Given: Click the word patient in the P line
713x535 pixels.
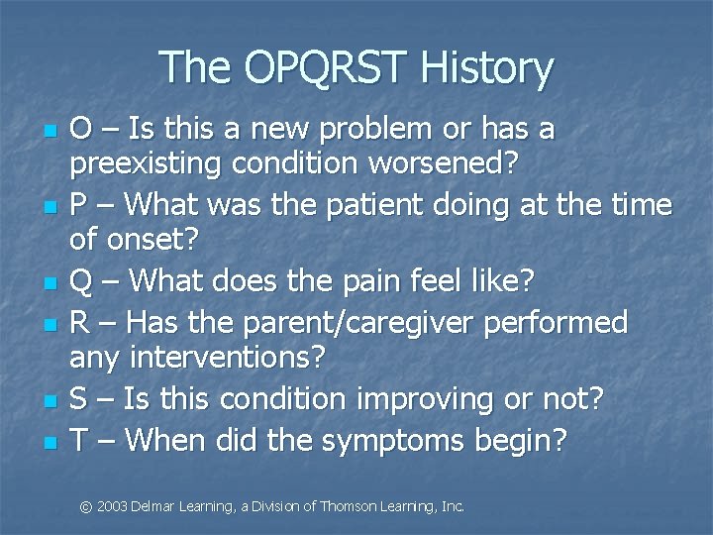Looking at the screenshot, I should coord(379,205).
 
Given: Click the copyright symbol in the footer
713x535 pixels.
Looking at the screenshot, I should coord(86,506).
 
